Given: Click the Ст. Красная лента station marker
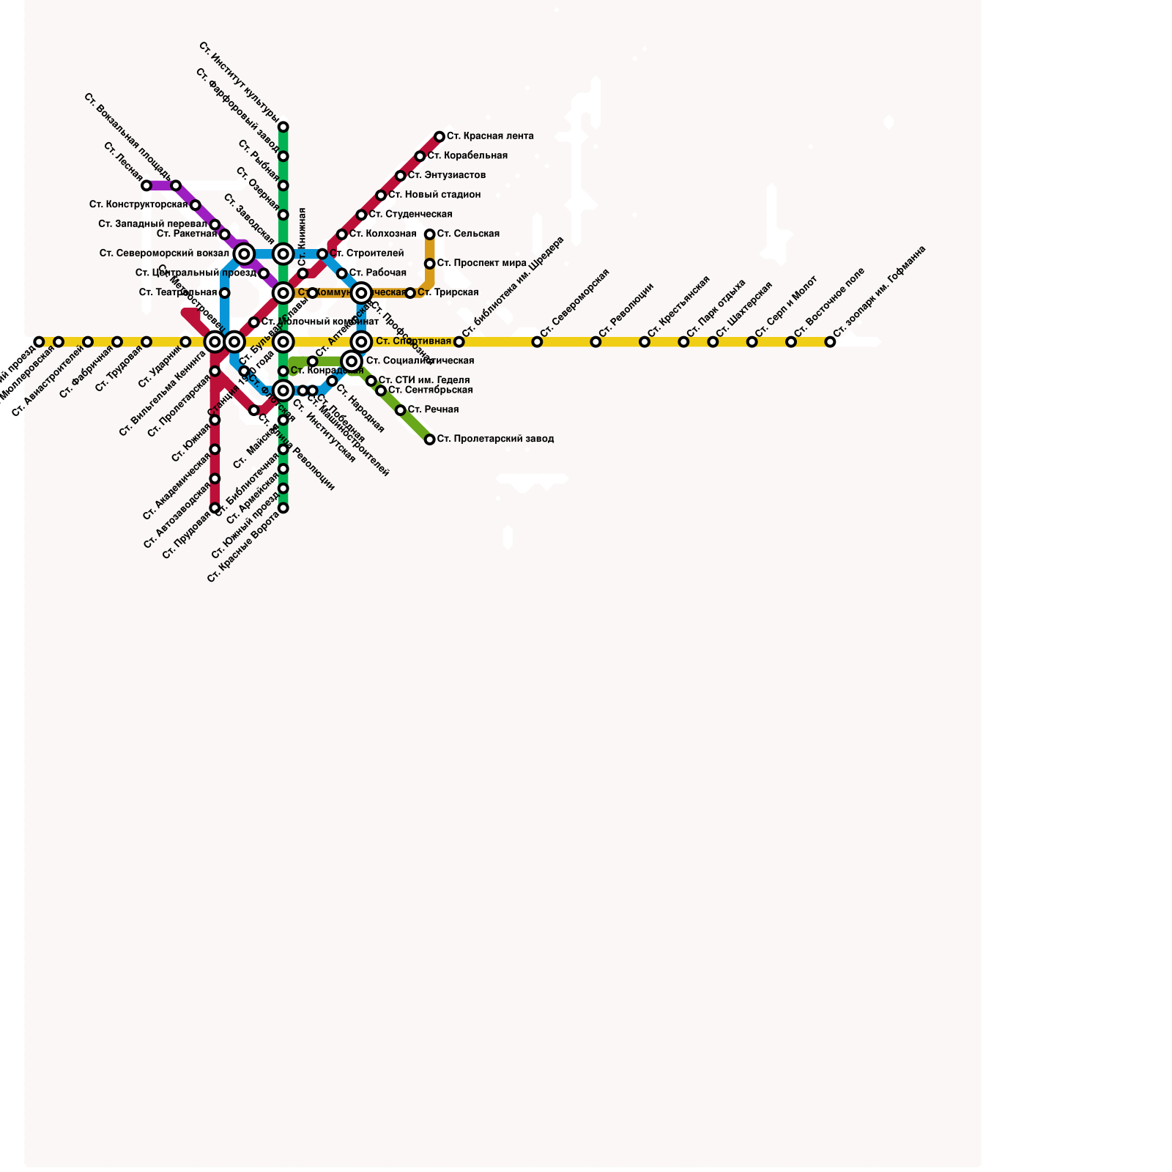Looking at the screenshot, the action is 439,137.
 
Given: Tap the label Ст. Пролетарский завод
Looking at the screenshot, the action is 495,439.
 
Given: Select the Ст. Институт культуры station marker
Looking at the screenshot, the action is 283,127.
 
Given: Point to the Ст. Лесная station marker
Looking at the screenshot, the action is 146,186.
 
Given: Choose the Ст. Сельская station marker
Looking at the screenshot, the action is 430,234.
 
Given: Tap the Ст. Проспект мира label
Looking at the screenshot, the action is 482,264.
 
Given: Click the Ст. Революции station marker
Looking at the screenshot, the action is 596,342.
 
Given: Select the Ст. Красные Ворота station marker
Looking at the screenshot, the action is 283,508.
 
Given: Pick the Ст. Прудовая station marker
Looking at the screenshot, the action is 215,508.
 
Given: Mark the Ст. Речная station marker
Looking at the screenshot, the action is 401,410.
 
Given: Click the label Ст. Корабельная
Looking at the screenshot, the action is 467,156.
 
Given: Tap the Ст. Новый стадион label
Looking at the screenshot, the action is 434,195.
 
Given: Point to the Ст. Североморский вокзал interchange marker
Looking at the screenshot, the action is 245,254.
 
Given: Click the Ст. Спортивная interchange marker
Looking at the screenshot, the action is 361,342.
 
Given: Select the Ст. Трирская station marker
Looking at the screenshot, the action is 410,293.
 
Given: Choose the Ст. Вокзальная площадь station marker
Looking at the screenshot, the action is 176,186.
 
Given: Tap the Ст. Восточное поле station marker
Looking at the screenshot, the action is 791,342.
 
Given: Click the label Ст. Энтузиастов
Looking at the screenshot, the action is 447,176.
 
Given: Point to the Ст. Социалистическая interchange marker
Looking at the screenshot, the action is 352,361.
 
